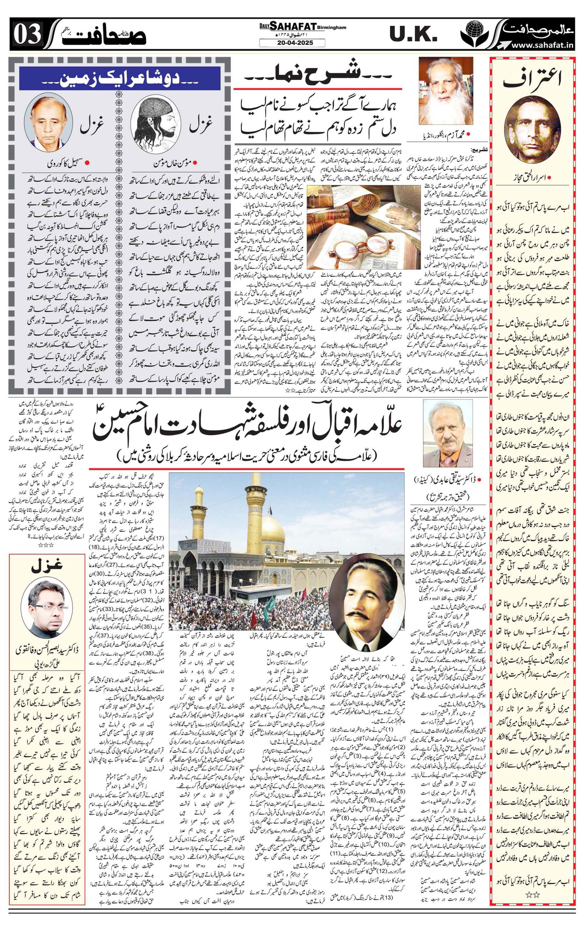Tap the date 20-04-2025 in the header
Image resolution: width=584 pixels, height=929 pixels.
point(292,43)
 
